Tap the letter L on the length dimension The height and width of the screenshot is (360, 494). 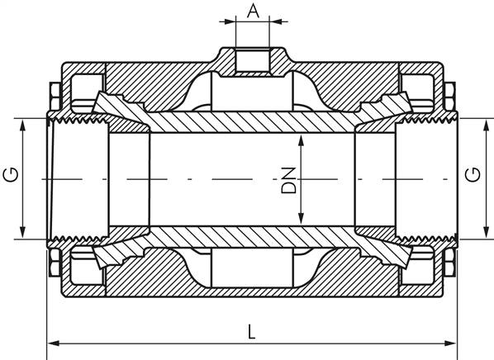pyautogui.click(x=252, y=331)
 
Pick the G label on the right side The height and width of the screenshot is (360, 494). pyautogui.click(x=472, y=175)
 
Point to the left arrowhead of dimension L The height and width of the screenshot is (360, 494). pyautogui.click(x=51, y=343)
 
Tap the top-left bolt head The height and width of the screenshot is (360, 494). pyautogui.click(x=53, y=90)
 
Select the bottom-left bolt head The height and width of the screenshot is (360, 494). pyautogui.click(x=53, y=267)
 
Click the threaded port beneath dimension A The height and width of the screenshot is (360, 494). pyautogui.click(x=254, y=60)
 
